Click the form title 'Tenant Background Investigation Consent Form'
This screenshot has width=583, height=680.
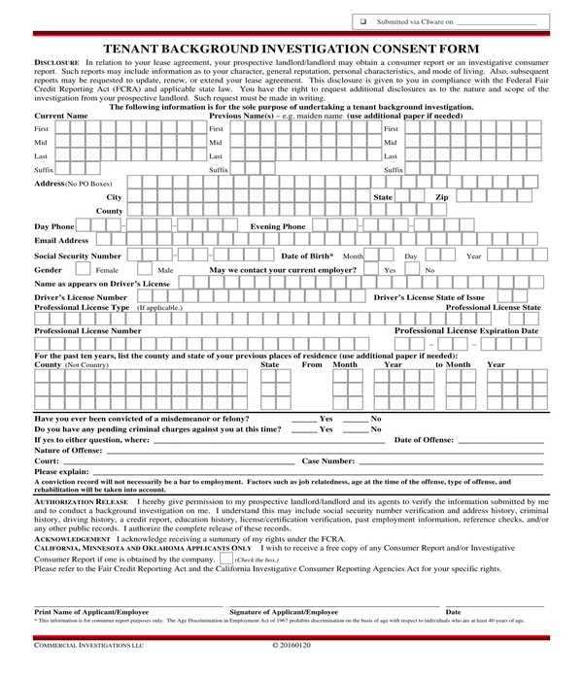click(x=291, y=48)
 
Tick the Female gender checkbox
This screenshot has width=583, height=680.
click(x=83, y=269)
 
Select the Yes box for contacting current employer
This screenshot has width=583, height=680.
click(x=373, y=269)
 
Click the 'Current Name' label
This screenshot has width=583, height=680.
click(x=61, y=116)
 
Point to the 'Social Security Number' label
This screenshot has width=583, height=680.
click(x=78, y=255)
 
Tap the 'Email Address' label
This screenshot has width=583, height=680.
click(x=61, y=240)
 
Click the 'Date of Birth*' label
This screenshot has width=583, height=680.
click(x=307, y=255)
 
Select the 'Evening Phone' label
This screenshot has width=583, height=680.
click(x=278, y=226)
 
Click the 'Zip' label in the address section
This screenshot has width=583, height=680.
click(x=441, y=197)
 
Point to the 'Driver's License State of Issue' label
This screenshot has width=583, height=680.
click(x=429, y=297)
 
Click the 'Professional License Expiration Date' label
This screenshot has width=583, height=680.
click(x=466, y=330)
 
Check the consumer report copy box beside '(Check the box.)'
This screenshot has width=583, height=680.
click(x=225, y=559)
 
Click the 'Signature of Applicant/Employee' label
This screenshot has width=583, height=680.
click(x=284, y=612)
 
